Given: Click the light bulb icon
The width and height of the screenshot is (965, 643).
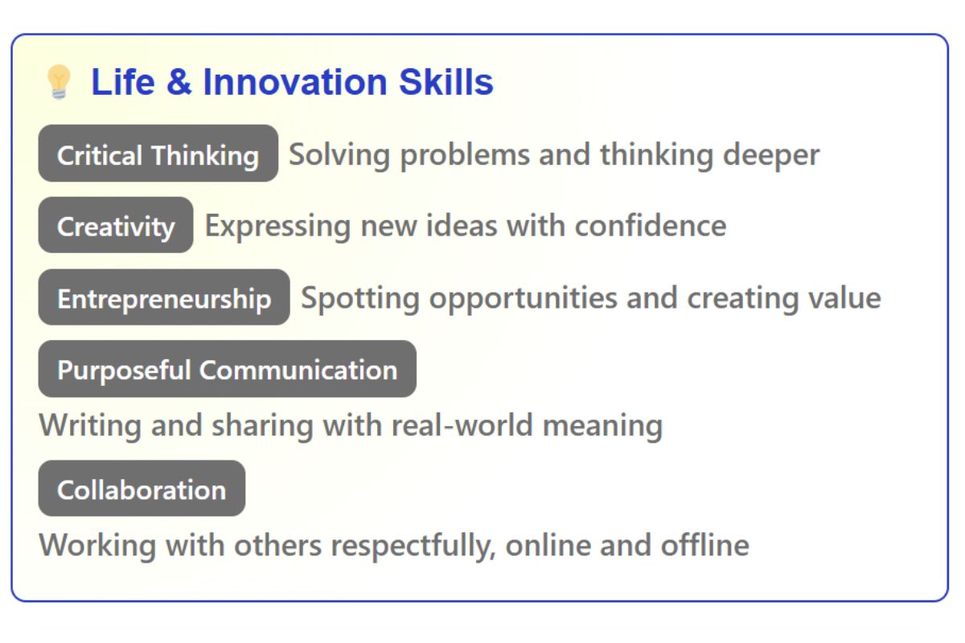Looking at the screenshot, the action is (59, 82).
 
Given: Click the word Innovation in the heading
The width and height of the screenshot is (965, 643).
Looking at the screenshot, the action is (295, 82).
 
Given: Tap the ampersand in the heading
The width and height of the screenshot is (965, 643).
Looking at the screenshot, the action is (179, 82).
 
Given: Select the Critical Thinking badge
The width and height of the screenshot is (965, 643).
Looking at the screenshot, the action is (158, 154).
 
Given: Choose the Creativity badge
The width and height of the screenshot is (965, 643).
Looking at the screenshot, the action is (116, 225).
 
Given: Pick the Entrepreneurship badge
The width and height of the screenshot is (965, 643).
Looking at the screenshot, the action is (164, 297).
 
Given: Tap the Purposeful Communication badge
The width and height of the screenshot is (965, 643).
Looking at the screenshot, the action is (228, 369).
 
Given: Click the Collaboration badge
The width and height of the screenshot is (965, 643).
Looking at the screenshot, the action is (142, 489).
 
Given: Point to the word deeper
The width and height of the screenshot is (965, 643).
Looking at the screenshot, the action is (771, 156).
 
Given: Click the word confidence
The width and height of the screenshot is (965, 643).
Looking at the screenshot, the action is (651, 226).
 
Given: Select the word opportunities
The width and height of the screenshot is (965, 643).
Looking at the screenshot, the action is (524, 299).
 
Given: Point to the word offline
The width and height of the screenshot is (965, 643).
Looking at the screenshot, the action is (705, 545).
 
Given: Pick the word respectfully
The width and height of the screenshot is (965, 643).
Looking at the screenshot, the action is (413, 547).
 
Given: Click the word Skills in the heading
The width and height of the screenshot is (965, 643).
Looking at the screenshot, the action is (446, 82).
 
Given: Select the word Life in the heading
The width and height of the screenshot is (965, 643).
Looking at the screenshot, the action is (123, 82).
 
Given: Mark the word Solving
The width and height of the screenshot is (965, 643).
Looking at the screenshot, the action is (339, 156).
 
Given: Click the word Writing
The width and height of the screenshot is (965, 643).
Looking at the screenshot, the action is (90, 426).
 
